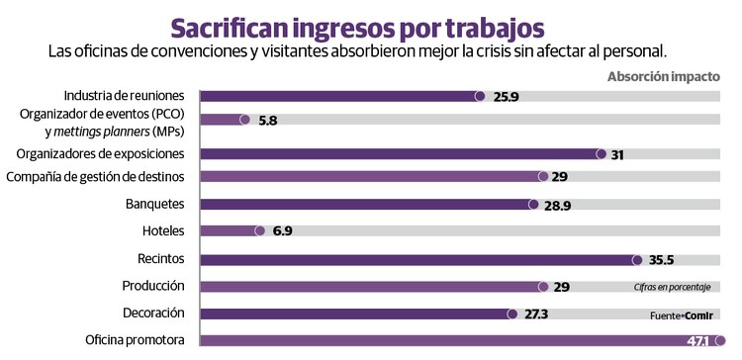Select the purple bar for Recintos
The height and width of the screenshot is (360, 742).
[x=418, y=260]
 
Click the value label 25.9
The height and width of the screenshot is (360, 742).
[x=507, y=96]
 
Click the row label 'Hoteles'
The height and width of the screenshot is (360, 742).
[x=163, y=230]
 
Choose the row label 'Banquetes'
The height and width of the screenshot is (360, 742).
[x=154, y=204]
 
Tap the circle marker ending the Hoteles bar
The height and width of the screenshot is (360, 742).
[x=260, y=231]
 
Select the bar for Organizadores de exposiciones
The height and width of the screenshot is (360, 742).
[x=402, y=153]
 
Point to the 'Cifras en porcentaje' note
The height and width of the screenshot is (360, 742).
[x=673, y=287]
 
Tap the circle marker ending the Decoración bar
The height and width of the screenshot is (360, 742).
[x=511, y=314]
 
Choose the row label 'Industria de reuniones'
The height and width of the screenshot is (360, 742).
[x=124, y=95]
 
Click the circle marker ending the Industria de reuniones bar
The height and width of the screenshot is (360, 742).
[x=480, y=96]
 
